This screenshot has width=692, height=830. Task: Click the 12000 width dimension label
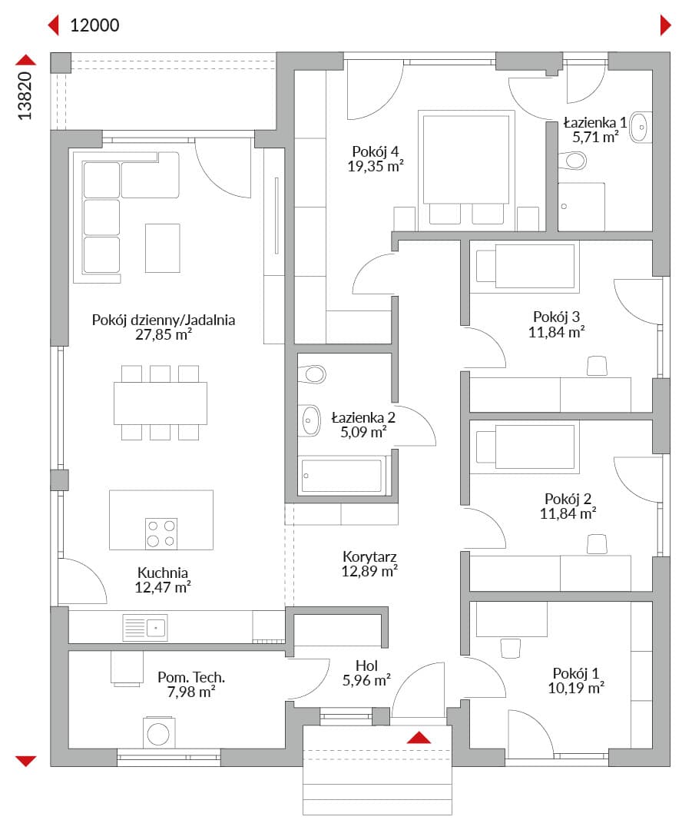(x=94, y=25)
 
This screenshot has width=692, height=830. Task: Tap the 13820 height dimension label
(x=25, y=96)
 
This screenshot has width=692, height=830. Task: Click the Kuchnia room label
(x=162, y=573)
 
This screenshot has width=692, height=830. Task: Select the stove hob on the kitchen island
(x=161, y=533)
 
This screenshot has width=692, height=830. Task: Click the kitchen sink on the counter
(x=145, y=628)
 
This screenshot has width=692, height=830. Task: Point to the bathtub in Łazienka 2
(x=341, y=476)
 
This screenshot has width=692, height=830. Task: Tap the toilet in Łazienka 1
(x=572, y=161)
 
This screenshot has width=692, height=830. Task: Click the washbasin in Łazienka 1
(x=641, y=127)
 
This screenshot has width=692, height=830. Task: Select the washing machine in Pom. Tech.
(x=159, y=732)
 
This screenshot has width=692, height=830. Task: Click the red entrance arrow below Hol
(x=419, y=737)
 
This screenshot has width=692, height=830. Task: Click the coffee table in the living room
(x=162, y=247)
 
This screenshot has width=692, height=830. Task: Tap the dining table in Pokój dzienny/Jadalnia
(x=161, y=403)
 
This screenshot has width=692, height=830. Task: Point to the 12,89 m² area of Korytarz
(x=369, y=571)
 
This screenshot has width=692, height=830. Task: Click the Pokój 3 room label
(x=557, y=317)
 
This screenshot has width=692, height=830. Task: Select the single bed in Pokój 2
(x=525, y=447)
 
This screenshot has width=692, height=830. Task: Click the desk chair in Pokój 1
(x=511, y=648)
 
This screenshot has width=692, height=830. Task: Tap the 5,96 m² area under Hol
(x=366, y=680)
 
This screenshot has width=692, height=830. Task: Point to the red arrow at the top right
(x=666, y=25)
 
